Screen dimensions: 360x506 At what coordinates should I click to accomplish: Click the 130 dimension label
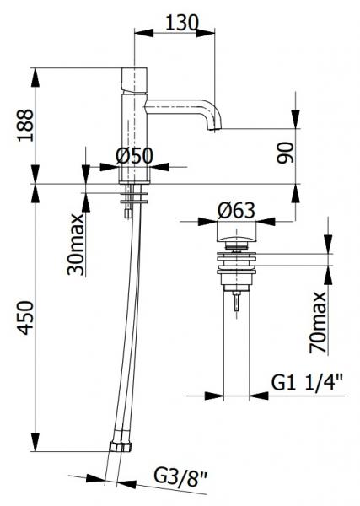click(181, 23)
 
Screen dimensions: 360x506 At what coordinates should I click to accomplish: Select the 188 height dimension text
click(25, 126)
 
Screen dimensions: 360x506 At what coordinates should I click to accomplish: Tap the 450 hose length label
click(25, 318)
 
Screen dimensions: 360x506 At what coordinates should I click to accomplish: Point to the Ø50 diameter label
click(134, 156)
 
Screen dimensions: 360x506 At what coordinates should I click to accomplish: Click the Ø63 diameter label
click(236, 211)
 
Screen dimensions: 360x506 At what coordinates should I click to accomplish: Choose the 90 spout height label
click(286, 153)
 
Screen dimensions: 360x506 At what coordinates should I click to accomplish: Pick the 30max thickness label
click(76, 245)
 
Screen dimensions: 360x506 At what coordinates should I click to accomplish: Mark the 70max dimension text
click(318, 322)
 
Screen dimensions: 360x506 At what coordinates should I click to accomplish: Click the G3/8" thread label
click(180, 476)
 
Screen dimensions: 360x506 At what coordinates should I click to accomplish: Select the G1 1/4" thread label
click(307, 382)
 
